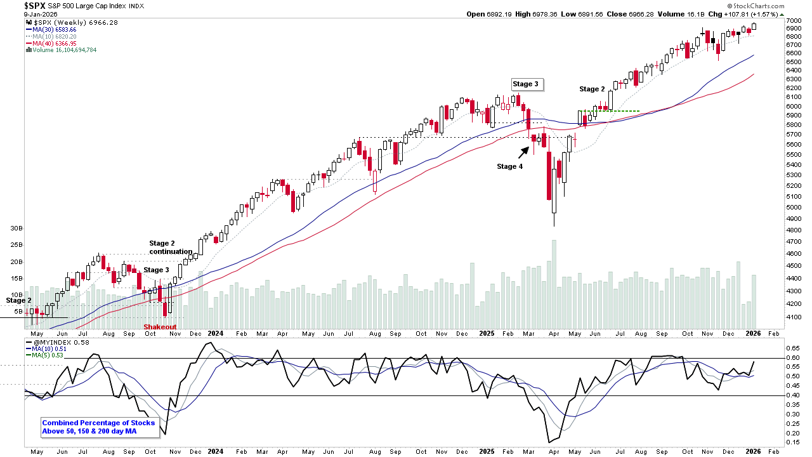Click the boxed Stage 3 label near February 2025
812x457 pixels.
coord(527,84)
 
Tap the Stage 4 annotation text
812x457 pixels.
coord(510,167)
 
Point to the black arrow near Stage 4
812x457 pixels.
coord(525,152)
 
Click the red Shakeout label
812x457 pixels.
coord(159,327)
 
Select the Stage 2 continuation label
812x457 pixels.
coord(171,248)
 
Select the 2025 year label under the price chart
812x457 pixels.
coord(487,333)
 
